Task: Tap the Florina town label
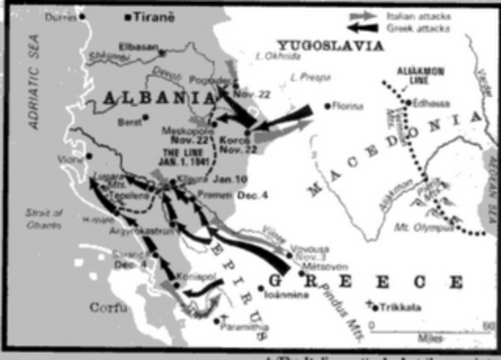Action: click(348, 105)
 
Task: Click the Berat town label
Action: click(130, 121)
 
